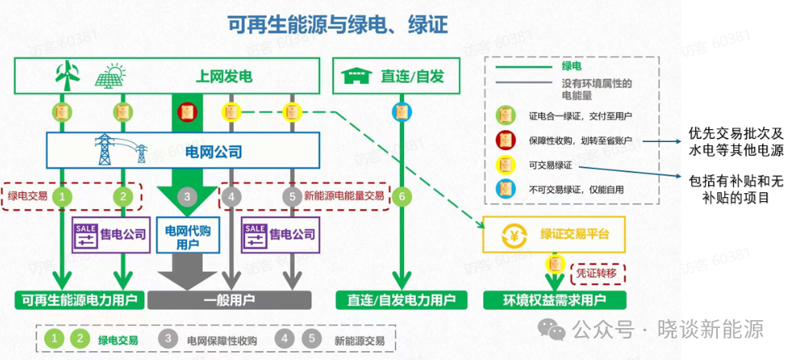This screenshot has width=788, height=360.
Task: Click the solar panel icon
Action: click(110, 77)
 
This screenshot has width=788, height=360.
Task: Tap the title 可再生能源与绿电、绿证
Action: click(339, 26)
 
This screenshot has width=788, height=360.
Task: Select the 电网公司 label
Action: click(213, 151)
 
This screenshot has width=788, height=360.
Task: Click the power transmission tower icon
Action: click(106, 149)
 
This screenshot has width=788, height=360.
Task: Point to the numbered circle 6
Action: click(402, 196)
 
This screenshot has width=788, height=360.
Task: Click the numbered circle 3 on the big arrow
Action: click(186, 196)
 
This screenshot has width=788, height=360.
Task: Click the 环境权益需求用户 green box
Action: click(554, 300)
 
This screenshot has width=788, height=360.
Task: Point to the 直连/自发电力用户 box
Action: click(402, 300)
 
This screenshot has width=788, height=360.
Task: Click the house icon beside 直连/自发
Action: click(355, 77)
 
